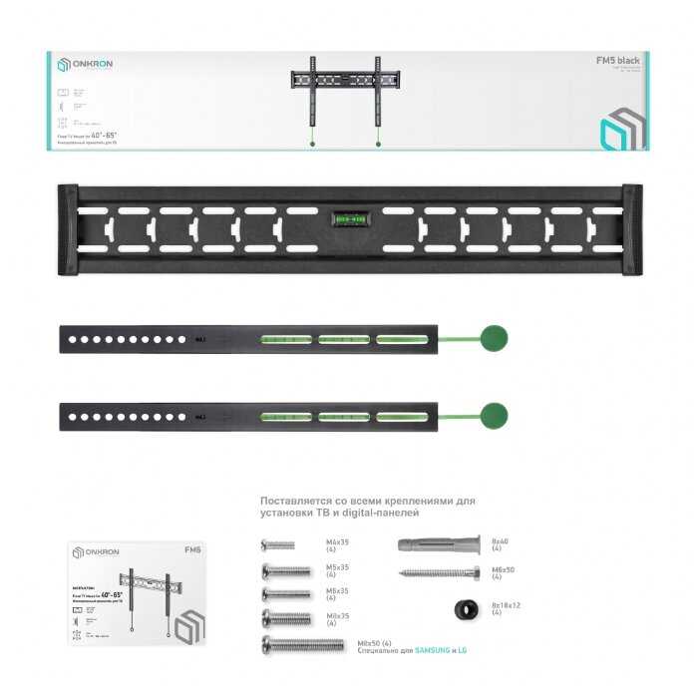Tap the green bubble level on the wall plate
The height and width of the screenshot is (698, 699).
(x=349, y=213)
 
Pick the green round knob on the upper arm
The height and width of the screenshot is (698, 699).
(x=493, y=339)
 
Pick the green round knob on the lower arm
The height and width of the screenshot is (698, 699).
(x=493, y=416)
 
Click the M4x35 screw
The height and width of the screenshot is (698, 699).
(x=277, y=545)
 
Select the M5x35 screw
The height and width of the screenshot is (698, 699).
(x=286, y=570)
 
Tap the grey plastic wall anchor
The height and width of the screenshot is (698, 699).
(x=438, y=544)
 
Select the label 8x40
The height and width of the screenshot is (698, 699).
(x=499, y=540)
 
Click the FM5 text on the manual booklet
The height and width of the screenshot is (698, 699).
(x=192, y=549)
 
